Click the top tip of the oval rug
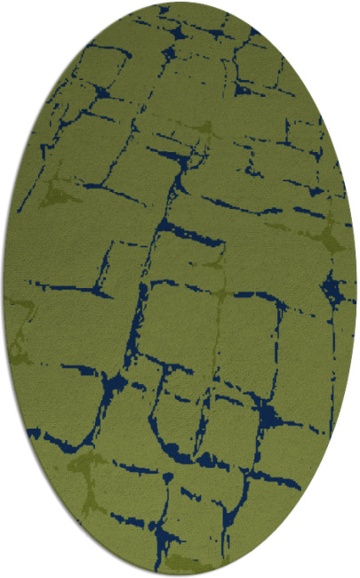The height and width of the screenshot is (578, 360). pyautogui.click(x=180, y=3)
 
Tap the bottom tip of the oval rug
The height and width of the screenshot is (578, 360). pyautogui.click(x=180, y=575)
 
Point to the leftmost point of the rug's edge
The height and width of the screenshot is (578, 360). pyautogui.click(x=3, y=289)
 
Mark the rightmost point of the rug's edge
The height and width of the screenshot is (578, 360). pyautogui.click(x=357, y=289)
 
